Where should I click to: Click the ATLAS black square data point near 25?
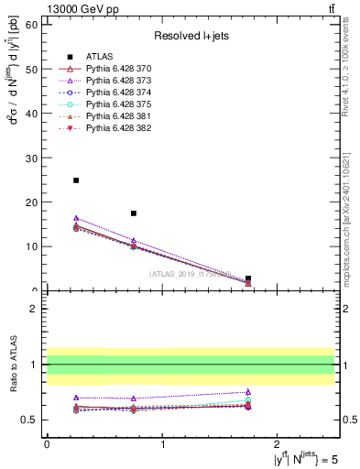coord(76,180)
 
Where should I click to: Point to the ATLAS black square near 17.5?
coord(134,213)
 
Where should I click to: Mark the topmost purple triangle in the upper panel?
coord(76,218)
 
